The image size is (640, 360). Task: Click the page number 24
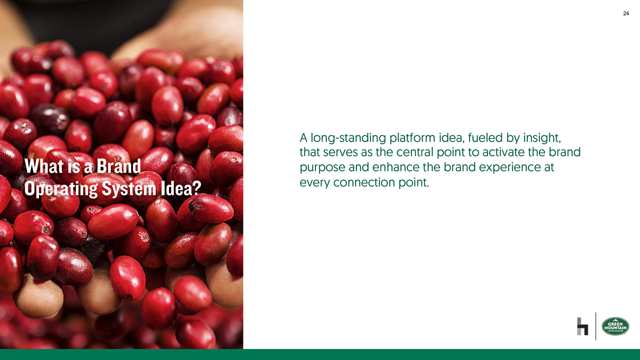626,13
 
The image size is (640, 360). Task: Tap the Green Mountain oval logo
615,326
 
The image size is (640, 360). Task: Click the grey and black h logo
583,326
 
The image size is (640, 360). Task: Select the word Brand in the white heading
119,166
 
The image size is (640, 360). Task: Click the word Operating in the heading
61,189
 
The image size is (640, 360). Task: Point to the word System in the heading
129,189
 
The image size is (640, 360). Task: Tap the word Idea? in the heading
181,188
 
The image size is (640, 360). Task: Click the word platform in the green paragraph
412,138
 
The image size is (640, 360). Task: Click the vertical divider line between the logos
596,326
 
